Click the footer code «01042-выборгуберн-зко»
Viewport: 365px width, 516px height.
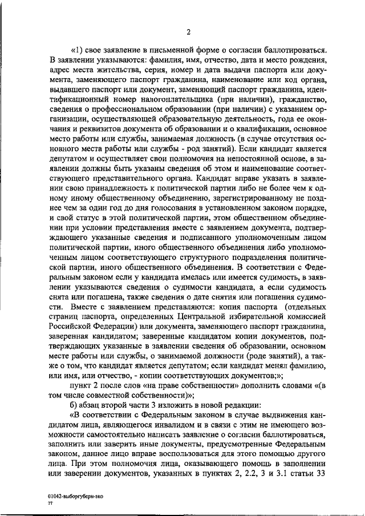75,497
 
